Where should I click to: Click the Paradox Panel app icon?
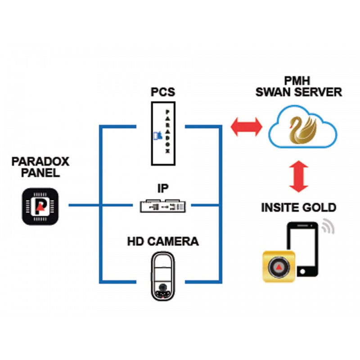40,206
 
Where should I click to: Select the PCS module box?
163,133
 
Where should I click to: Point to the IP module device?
163,206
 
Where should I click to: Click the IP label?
163,188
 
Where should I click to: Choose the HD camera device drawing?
163,275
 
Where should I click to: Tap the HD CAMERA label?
163,242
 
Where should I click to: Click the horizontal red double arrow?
246,127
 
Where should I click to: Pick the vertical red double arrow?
299,176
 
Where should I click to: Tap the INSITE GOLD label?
299,207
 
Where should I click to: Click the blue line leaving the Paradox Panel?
83,206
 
